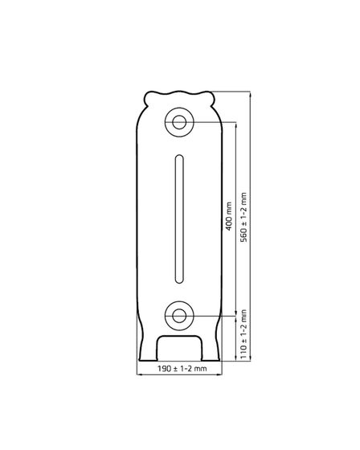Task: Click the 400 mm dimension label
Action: click(229, 216)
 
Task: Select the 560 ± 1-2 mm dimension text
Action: click(243, 217)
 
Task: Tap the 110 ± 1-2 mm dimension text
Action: click(243, 334)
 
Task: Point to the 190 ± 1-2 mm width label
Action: click(182, 368)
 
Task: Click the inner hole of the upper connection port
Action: click(179, 122)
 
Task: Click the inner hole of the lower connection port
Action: click(179, 316)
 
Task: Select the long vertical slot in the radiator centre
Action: click(179, 219)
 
